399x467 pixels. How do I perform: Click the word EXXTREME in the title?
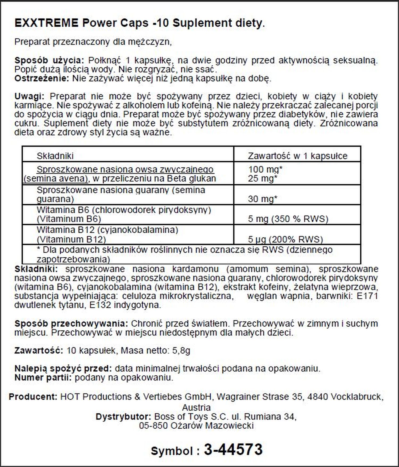[46, 23]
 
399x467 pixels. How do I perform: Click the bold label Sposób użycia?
[49, 60]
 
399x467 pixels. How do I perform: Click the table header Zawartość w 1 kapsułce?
[297, 156]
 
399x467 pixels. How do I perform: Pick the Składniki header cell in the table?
[55, 156]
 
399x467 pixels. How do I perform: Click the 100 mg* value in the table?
[265, 169]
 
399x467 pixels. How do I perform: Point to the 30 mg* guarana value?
[262, 199]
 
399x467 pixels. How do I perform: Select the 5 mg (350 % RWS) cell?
[288, 219]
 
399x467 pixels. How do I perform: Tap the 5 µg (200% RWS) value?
[285, 239]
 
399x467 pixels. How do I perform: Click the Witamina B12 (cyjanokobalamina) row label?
[107, 230]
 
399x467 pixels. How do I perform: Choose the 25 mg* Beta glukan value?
[262, 178]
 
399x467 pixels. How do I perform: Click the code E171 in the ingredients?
[367, 296]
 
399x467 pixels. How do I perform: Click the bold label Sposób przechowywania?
[71, 324]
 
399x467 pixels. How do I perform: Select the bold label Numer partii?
[43, 377]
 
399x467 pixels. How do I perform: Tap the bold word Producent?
[33, 397]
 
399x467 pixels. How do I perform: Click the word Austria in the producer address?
[196, 407]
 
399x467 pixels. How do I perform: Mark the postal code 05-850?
[153, 425]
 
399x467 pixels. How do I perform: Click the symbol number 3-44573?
[233, 449]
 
